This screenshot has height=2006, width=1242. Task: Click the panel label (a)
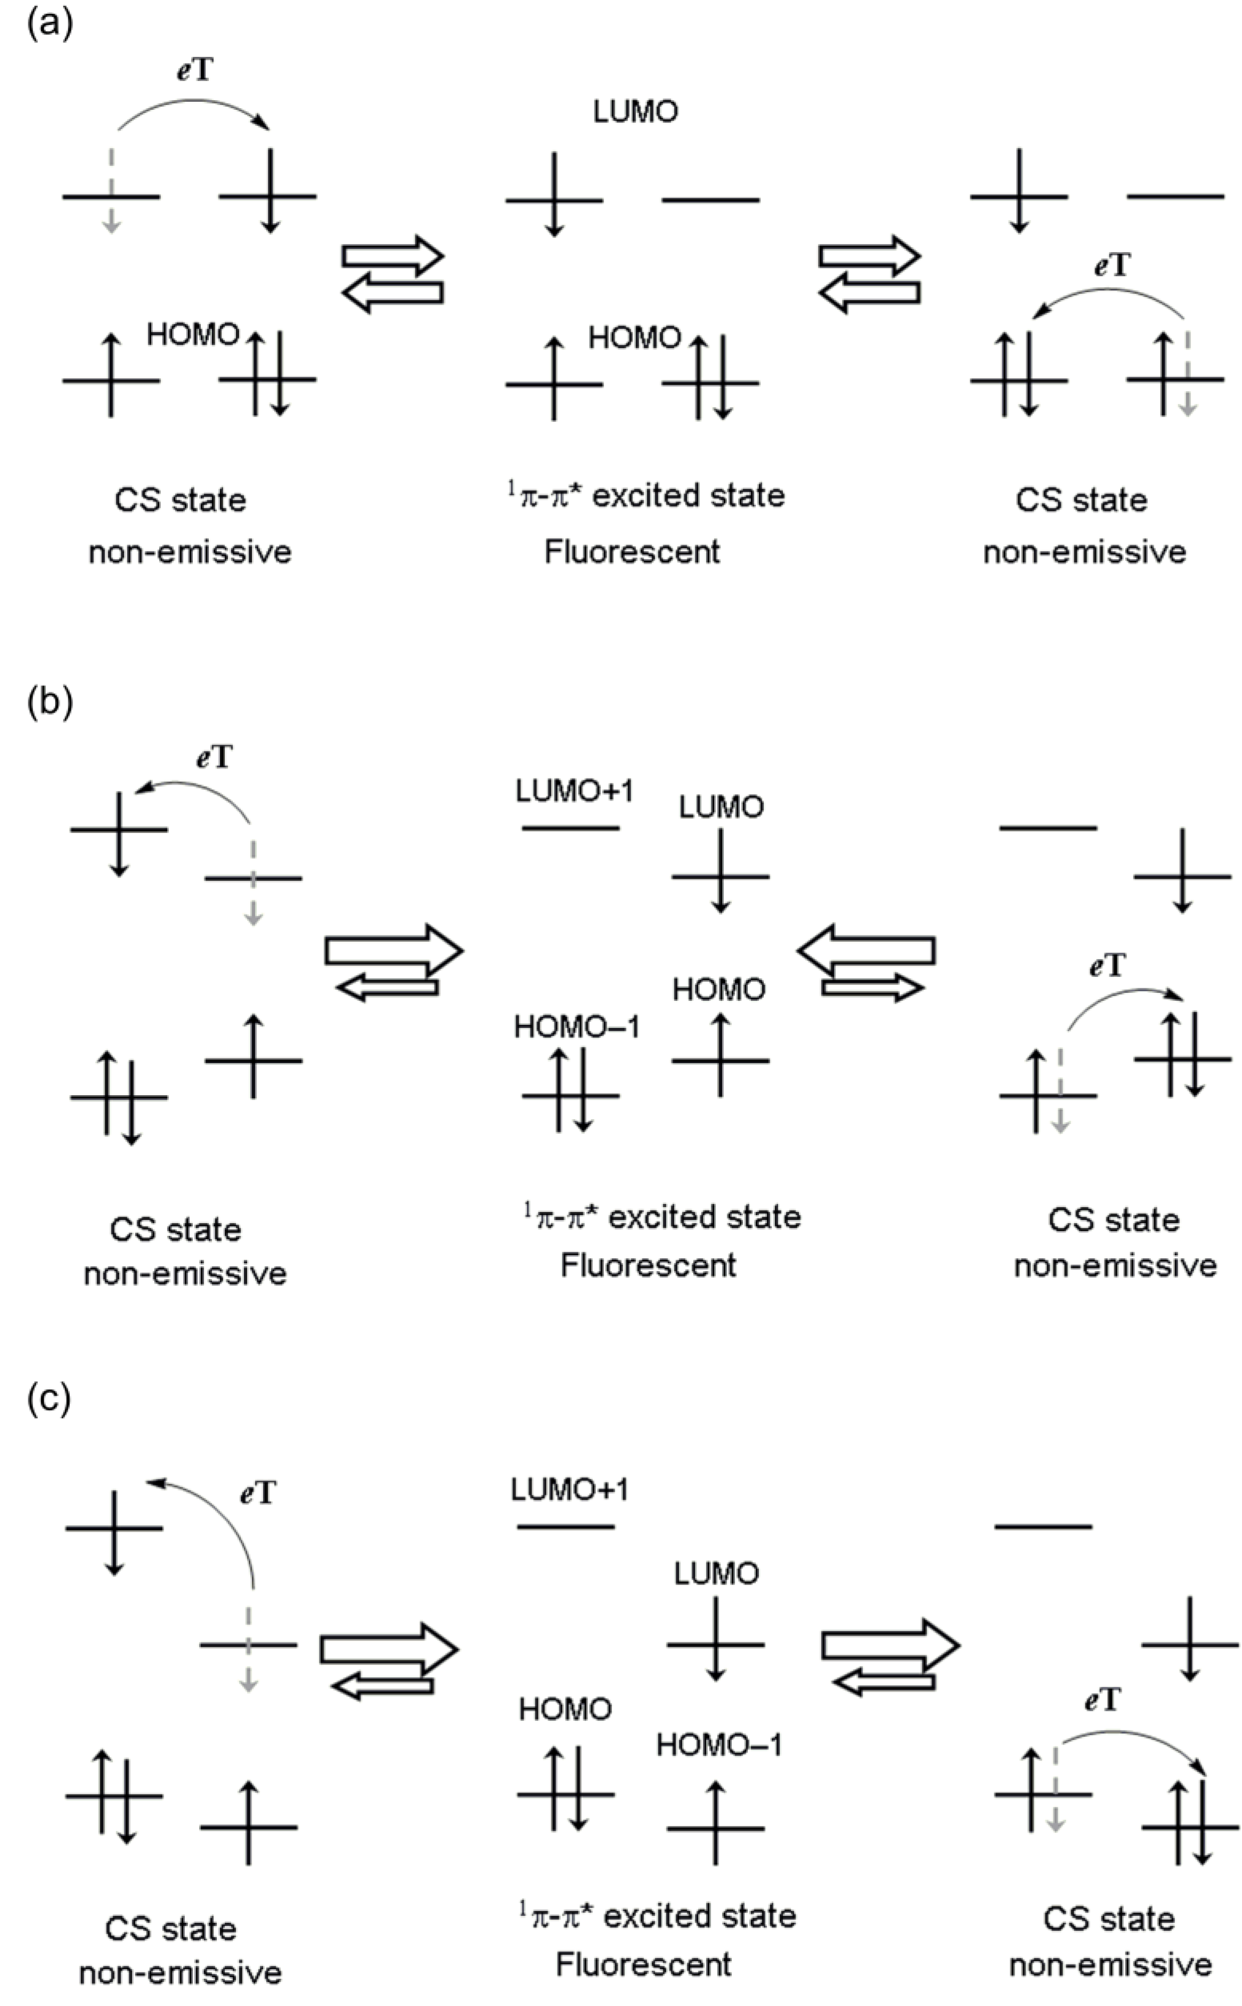tap(50, 24)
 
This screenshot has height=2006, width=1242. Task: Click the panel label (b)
tap(50, 703)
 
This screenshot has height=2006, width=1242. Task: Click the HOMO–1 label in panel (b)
tap(577, 1026)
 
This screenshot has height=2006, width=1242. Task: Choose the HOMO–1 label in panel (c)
tap(719, 1745)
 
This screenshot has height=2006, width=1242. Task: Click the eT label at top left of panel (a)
tap(195, 71)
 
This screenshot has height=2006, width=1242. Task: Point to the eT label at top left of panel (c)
tap(258, 1493)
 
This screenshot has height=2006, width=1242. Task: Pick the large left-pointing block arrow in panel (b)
tap(867, 950)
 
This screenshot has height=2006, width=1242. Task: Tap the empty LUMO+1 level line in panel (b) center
tap(571, 828)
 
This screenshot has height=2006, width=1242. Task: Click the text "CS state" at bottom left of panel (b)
tap(176, 1230)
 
